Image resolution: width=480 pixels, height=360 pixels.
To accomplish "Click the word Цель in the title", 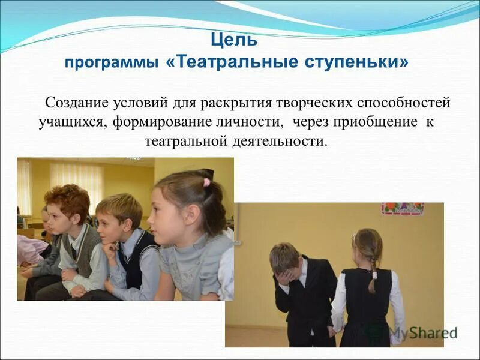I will coord(235,41).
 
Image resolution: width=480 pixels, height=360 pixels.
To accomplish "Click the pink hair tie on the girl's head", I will coord(206,182).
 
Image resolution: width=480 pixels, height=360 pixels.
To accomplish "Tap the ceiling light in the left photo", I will coord(133,159).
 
